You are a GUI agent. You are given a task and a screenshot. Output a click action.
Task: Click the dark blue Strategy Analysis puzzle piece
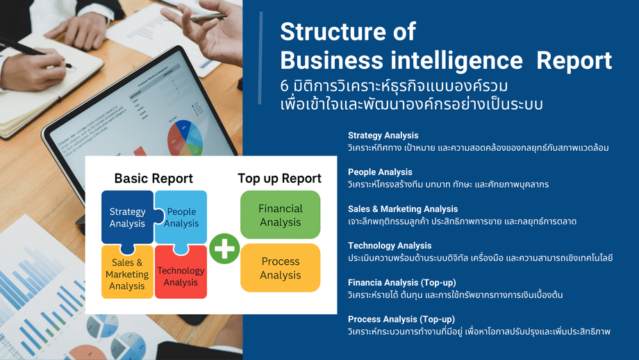tap(127, 218)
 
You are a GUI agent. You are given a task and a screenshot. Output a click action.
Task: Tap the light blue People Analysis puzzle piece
tap(181, 218)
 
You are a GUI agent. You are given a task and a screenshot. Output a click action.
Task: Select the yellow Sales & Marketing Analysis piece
tap(127, 272)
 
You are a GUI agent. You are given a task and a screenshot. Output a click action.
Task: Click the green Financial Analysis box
tap(281, 215)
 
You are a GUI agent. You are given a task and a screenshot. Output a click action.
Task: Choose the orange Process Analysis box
tap(281, 268)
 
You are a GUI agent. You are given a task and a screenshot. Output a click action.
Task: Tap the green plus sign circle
tap(224, 248)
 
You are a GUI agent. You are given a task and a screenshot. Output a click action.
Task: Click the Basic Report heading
tap(153, 178)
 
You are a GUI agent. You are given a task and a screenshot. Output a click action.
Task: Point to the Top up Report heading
tap(279, 178)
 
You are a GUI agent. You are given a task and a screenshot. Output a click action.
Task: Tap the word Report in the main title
tap(574, 61)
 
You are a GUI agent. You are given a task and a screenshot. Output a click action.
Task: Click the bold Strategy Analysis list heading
tap(383, 136)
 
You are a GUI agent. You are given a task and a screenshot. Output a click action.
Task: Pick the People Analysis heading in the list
tap(380, 172)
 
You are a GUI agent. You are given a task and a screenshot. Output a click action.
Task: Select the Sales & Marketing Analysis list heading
tap(403, 208)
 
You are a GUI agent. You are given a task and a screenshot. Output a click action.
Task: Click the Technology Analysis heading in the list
tap(390, 245)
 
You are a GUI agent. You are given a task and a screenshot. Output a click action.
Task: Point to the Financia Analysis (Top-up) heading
tap(402, 282)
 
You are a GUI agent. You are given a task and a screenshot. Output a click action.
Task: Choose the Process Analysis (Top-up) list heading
tap(401, 319)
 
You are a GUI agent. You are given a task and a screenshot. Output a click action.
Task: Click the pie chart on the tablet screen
tap(185, 138)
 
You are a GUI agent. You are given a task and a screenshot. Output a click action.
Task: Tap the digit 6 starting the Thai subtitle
tap(284, 86)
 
